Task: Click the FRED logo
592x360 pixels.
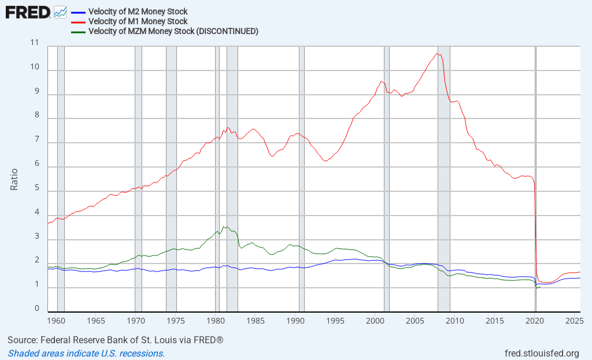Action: (x=27, y=12)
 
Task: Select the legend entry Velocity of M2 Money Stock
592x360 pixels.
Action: (x=138, y=12)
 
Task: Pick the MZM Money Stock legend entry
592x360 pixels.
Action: (x=173, y=31)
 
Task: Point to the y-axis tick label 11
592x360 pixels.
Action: (x=35, y=43)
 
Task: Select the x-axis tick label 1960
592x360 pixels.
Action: (x=55, y=320)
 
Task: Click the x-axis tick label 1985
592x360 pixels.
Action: (x=255, y=320)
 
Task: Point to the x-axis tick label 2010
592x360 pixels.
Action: (x=454, y=320)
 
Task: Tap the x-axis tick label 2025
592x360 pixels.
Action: (x=574, y=320)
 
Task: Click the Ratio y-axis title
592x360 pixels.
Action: (x=14, y=179)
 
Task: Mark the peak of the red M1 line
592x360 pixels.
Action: (x=438, y=54)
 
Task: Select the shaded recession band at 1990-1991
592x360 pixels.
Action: (x=301, y=173)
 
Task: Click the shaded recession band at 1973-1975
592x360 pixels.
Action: (x=171, y=173)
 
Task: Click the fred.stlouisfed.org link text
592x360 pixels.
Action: (x=542, y=353)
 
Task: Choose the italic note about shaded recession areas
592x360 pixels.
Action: (x=86, y=353)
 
